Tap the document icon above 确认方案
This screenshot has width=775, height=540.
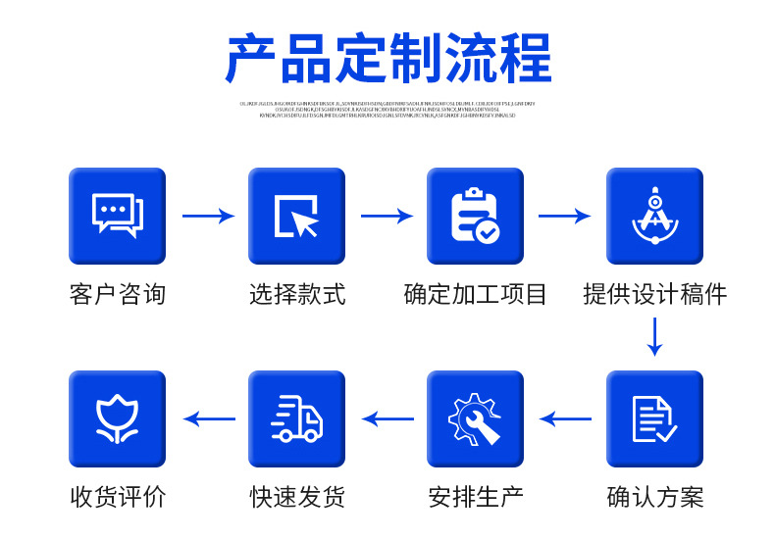[x=654, y=418]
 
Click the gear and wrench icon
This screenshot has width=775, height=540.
[x=475, y=418]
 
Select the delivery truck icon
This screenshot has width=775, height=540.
[x=296, y=418]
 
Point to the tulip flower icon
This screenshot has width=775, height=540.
[x=117, y=418]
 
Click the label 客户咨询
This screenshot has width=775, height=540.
[x=117, y=294]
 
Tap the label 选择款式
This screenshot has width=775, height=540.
[x=296, y=294]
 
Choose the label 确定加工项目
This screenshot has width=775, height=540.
[x=475, y=294]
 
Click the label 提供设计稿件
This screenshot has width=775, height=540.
[x=654, y=294]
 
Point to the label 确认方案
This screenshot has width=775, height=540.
[x=654, y=497]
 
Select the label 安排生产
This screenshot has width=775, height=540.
[x=475, y=497]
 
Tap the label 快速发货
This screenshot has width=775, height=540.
[x=296, y=497]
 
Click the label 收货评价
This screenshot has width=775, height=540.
[x=117, y=497]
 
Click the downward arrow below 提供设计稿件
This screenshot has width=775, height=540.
[x=654, y=336]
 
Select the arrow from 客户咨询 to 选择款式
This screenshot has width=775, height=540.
[x=208, y=216]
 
